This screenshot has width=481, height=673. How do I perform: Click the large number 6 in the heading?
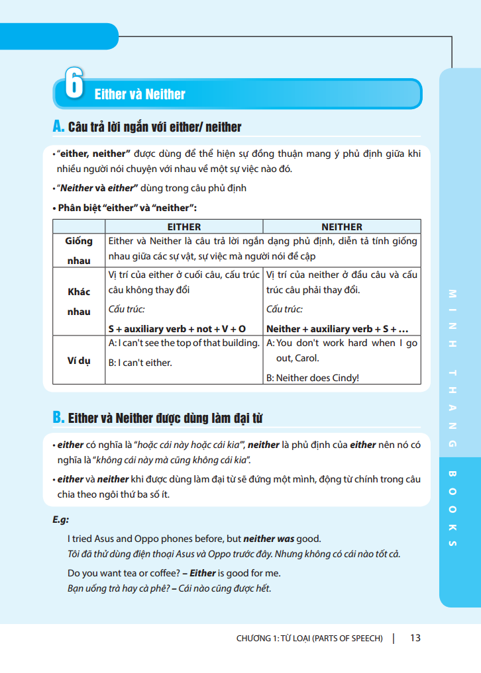[x=74, y=83]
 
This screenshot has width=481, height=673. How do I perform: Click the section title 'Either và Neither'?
[x=140, y=94]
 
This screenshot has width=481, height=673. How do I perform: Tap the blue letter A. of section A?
[x=58, y=126]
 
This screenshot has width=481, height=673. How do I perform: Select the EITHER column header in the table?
[x=184, y=226]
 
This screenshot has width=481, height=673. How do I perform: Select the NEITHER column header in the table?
[x=341, y=226]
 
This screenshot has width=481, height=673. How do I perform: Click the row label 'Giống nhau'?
[x=79, y=251]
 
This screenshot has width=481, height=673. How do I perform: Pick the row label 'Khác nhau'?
[x=79, y=301]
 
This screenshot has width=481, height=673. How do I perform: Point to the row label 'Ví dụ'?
[x=79, y=361]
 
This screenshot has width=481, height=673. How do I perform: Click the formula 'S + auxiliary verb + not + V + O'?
[x=177, y=328]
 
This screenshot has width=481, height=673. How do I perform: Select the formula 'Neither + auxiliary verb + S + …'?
[x=337, y=328]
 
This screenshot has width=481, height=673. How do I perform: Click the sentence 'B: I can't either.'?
[x=140, y=363]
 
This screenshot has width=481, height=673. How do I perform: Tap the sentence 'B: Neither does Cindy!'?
[x=313, y=378]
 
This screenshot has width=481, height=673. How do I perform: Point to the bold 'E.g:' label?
[x=61, y=519]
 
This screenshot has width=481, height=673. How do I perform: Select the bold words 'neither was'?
[x=270, y=539]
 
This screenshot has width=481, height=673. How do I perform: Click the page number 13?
[x=415, y=638]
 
